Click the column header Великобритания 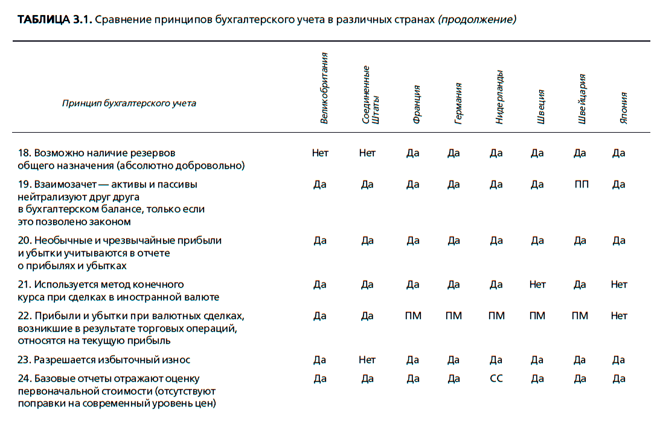coord(324,88)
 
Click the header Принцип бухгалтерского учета coord(129,103)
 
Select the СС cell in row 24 coord(496,379)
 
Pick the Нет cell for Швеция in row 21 coord(537,285)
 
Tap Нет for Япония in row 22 coord(618,316)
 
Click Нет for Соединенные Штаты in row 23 coord(367,360)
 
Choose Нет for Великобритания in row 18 coord(320,153)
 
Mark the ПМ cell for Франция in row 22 coord(412,316)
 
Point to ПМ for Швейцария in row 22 coord(580,316)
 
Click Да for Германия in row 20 coord(453,241)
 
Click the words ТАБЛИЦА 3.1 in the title coord(54,20)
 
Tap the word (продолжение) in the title coord(477,20)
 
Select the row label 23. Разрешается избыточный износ coord(104,360)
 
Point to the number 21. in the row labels coord(24,285)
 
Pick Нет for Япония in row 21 coord(618,285)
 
